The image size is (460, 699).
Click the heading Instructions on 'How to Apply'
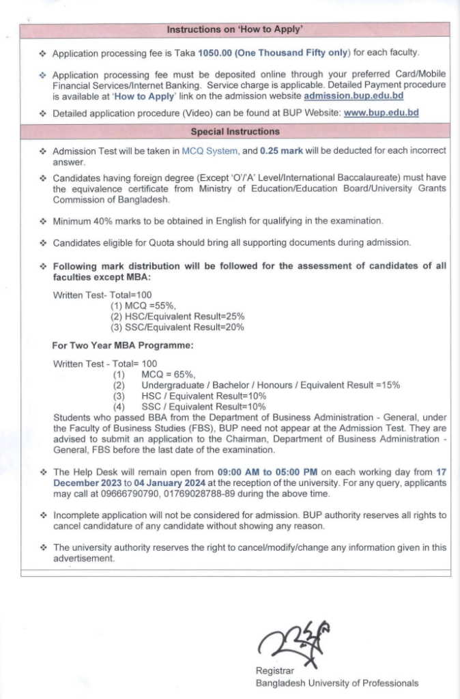point(235,29)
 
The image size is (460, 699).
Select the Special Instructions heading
point(235,131)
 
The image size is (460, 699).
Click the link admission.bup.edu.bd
point(354,96)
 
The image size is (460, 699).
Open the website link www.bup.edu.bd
point(381,113)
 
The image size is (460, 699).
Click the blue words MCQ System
point(210,151)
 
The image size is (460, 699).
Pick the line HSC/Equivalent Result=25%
point(177,317)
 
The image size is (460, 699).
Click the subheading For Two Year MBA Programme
point(123,345)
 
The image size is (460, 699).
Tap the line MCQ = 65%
point(168,375)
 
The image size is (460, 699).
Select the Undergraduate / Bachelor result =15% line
point(270,385)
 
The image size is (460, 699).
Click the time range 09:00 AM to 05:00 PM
point(268,472)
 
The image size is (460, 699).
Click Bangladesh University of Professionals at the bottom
point(337,683)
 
